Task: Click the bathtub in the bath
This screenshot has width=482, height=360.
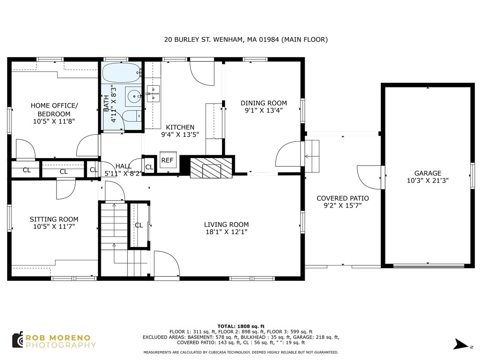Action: (x=121, y=73)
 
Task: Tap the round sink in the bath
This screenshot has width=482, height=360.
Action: (x=134, y=96)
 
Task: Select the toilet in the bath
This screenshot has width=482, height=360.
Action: (x=132, y=116)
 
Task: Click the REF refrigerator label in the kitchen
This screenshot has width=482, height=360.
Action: (x=167, y=160)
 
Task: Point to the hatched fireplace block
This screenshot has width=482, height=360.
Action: (x=211, y=168)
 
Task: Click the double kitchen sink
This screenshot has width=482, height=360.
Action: (x=153, y=94)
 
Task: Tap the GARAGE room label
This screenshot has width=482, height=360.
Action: (x=428, y=173)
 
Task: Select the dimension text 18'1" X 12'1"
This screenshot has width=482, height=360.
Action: (x=226, y=232)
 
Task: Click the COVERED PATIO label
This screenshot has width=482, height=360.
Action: (x=343, y=199)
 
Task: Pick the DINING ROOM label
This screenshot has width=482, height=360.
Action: (x=264, y=103)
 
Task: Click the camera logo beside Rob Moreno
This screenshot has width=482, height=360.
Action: (x=18, y=340)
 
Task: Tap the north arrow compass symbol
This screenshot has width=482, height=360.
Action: (x=462, y=344)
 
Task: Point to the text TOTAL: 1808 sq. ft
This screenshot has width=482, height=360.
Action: (x=241, y=326)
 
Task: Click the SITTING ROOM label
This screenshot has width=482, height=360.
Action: (x=54, y=219)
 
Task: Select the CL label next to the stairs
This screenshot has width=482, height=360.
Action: (x=139, y=225)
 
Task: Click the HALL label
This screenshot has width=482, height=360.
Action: (x=123, y=166)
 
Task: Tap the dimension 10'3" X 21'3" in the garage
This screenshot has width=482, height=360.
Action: (x=428, y=180)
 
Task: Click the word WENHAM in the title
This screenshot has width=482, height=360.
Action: (x=229, y=39)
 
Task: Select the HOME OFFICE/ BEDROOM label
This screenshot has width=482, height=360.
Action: (x=54, y=110)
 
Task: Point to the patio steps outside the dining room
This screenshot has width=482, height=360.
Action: (x=312, y=156)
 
